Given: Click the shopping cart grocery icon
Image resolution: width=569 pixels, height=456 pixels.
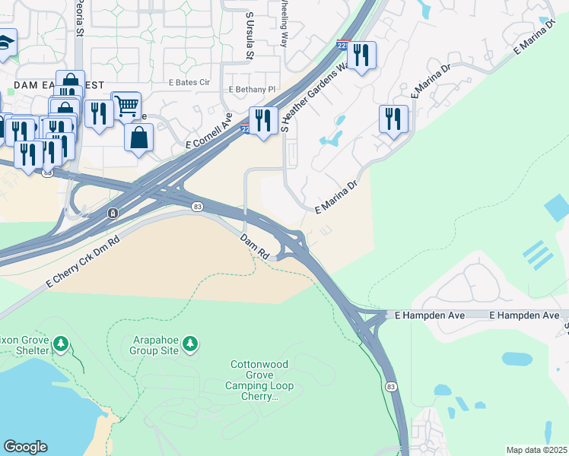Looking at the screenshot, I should point(126,105).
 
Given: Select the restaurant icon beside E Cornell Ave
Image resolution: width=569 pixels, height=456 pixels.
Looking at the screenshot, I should point(263,120).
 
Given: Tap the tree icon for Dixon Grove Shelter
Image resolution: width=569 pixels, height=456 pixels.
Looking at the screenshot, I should point(61,345).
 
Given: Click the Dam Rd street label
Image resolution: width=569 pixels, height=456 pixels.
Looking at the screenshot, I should point(255,246).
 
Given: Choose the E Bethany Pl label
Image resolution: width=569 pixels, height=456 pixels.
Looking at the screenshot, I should point(250,90).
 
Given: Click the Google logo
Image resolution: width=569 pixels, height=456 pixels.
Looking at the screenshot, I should point(26,447).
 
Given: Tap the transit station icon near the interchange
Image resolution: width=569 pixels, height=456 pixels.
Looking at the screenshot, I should point(113,212).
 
